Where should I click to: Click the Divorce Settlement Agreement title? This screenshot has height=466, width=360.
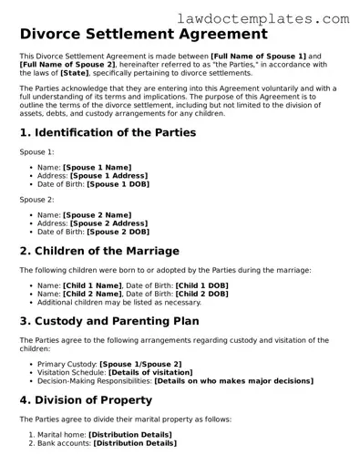point(143,35)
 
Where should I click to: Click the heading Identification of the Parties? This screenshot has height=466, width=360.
point(108,133)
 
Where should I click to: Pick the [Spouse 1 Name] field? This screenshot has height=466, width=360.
point(97,168)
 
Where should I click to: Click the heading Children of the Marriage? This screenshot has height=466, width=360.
point(99,252)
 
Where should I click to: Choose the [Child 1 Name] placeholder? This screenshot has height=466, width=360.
point(92,286)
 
